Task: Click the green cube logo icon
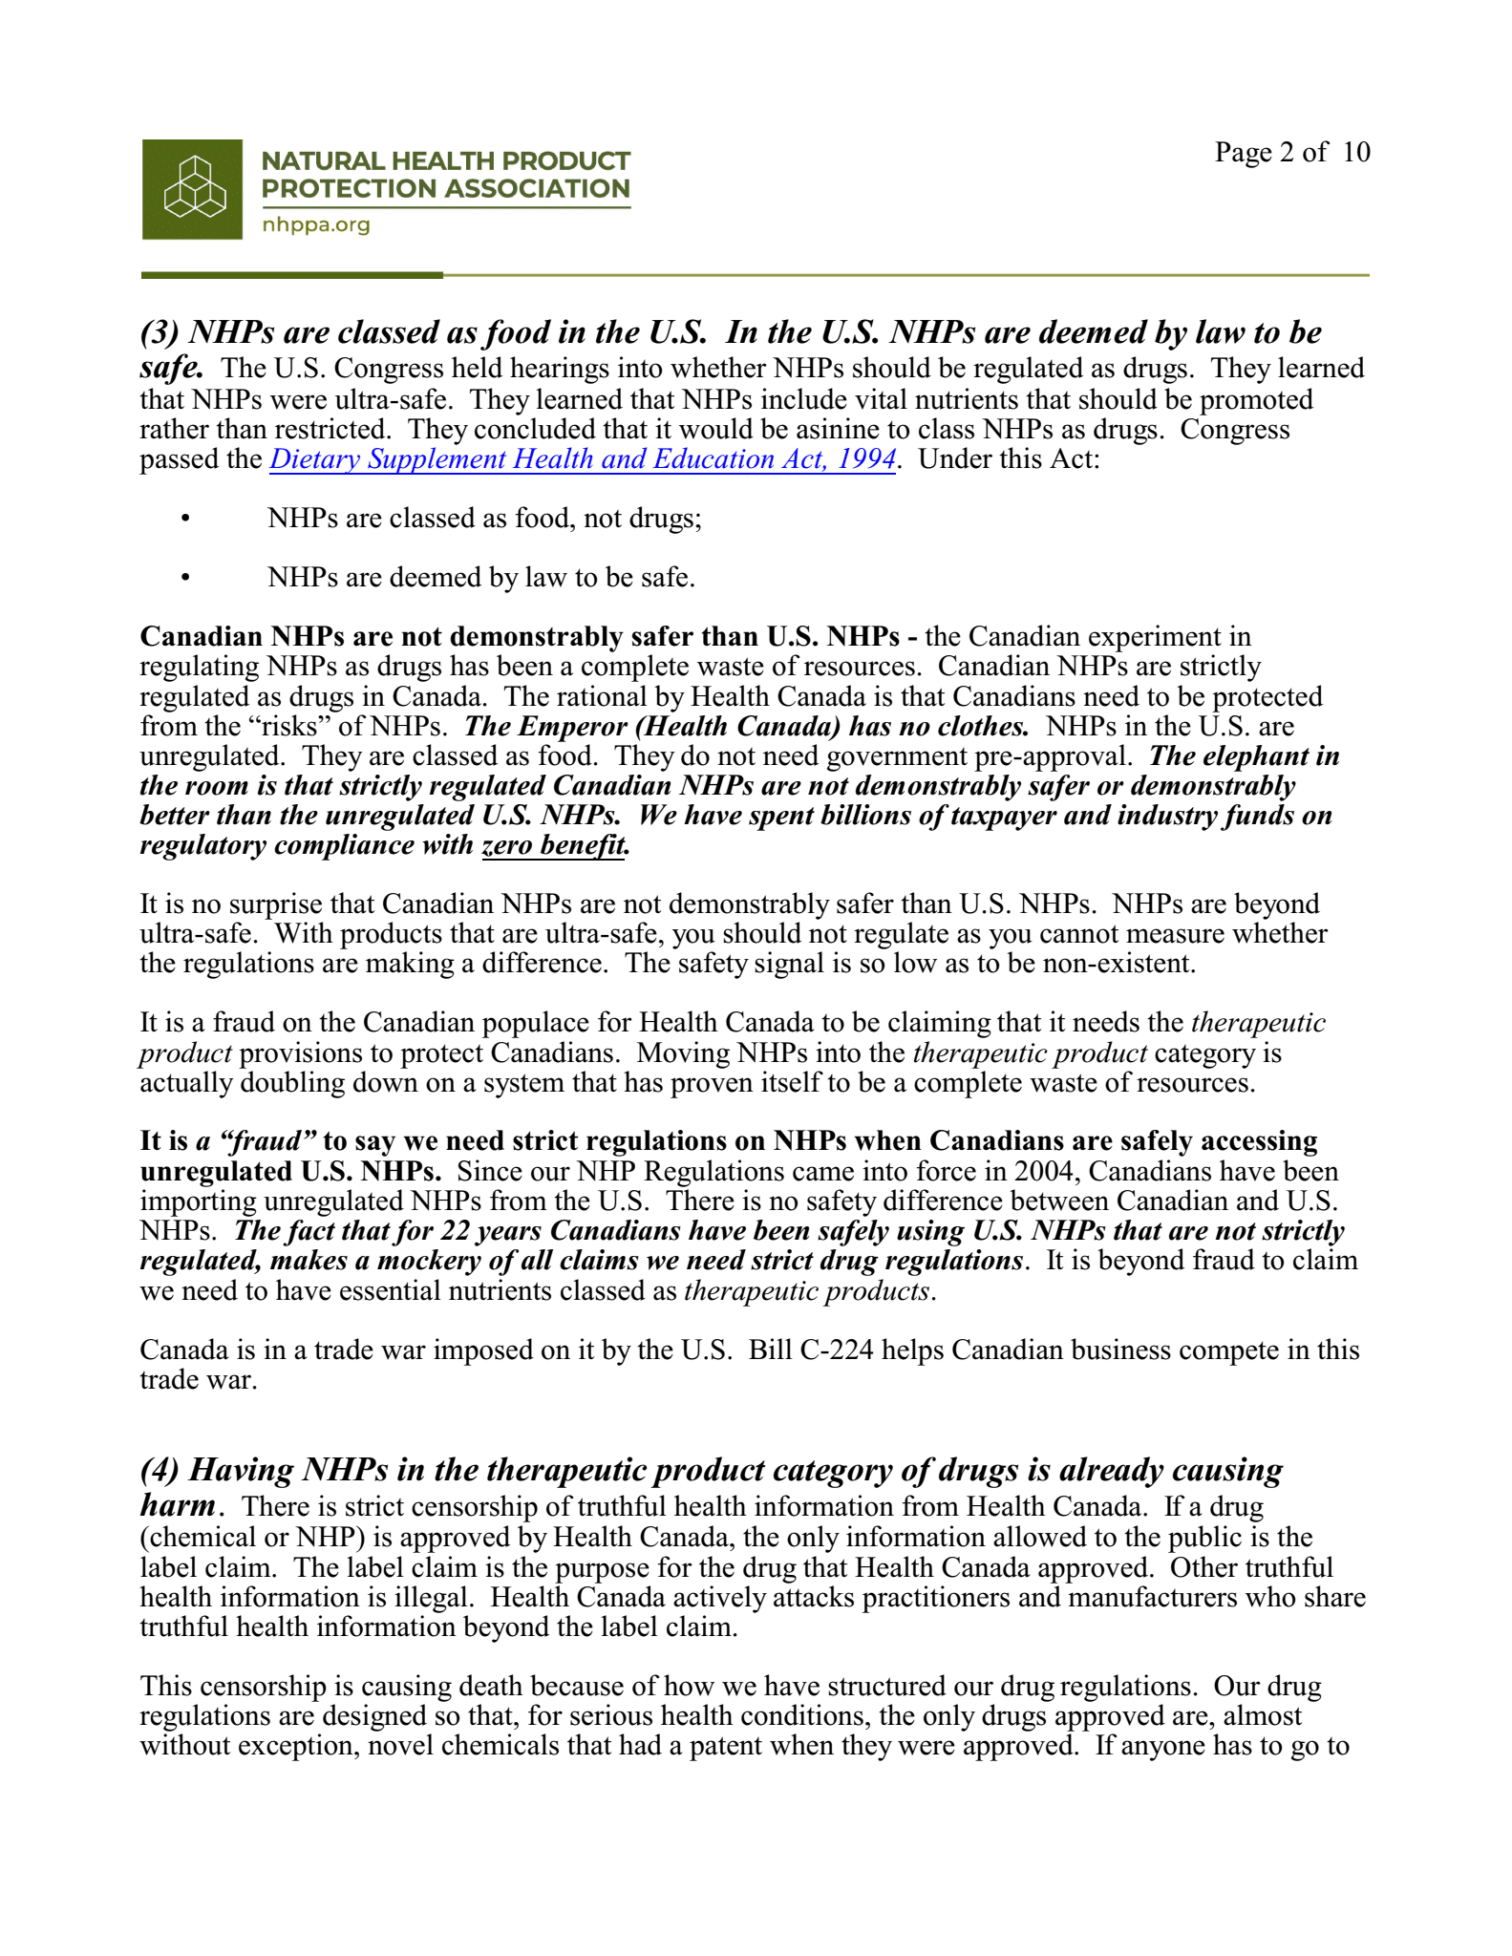click(192, 189)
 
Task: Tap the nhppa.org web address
click(315, 225)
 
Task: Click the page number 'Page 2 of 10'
click(1291, 152)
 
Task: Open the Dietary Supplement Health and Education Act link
click(583, 459)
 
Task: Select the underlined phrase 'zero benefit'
click(555, 845)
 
